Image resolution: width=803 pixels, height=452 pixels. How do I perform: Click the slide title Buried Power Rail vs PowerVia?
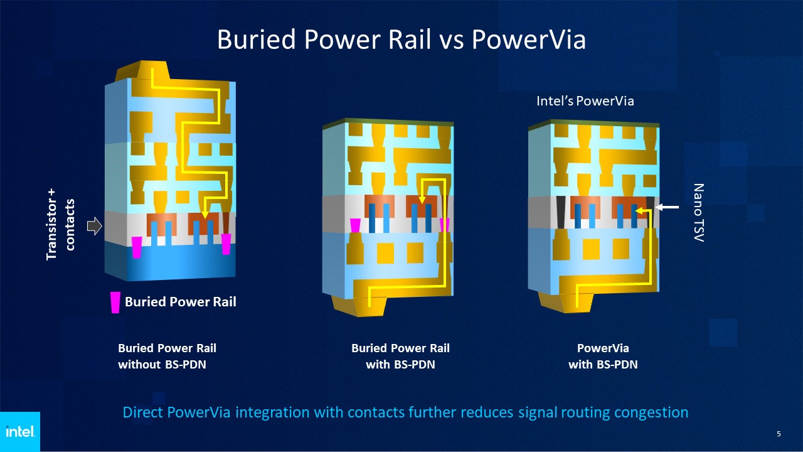coord(401,39)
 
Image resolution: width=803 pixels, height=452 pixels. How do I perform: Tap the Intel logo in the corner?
coord(20,431)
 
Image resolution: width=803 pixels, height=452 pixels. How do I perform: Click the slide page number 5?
coord(779,434)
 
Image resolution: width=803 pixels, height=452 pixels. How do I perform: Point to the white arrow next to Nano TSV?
coord(667,207)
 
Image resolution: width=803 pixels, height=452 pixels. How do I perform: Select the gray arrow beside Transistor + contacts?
coord(95,226)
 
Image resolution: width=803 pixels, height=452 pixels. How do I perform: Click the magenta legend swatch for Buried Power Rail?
coord(115,303)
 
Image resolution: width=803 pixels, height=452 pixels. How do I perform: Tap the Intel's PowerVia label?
coord(585,101)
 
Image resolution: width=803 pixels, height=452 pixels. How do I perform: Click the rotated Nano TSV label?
coord(698,213)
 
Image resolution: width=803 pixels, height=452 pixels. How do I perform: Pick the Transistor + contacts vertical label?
coord(60,224)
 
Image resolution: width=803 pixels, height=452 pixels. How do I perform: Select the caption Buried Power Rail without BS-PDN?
coord(167,356)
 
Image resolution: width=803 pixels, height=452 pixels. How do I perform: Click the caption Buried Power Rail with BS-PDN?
coord(400,356)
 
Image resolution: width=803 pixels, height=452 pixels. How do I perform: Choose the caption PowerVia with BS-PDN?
coord(603,356)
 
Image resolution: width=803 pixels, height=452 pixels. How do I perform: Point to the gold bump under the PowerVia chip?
coord(566,303)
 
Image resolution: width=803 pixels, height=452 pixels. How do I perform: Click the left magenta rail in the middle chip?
coord(355,225)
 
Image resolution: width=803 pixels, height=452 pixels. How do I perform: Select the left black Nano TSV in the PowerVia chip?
coord(560,212)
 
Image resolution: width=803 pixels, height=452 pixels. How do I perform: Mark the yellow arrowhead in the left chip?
coord(205,215)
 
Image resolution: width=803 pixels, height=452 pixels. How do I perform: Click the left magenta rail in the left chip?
coord(137,247)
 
